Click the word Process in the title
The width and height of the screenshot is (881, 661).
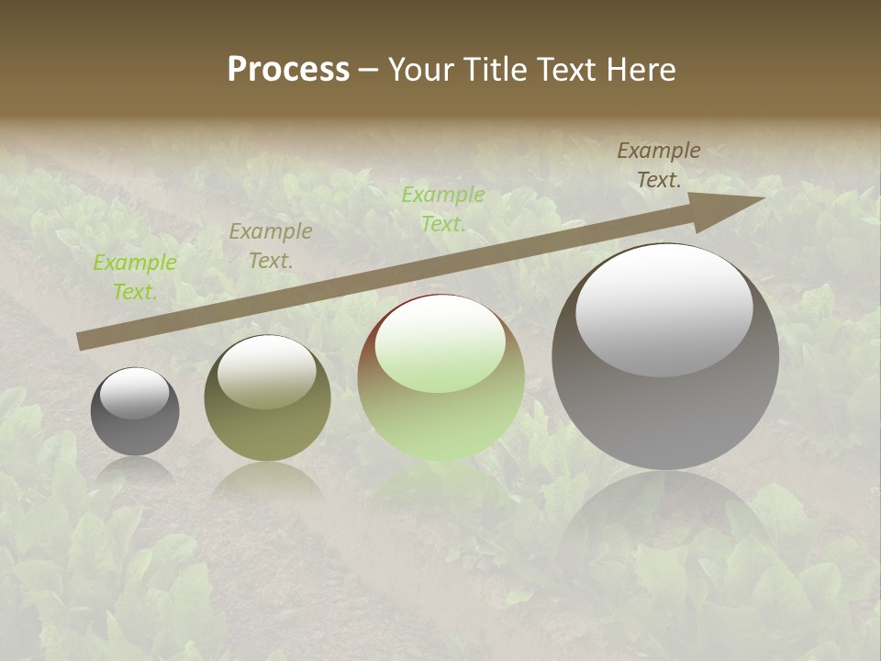pos(288,70)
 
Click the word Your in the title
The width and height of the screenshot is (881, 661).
pos(423,70)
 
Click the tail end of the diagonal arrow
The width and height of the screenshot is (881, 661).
pos(83,342)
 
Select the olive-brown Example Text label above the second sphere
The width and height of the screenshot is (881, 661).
pos(271,246)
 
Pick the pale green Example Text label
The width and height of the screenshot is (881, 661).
pos(443,209)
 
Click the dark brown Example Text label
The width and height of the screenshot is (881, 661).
pos(659,165)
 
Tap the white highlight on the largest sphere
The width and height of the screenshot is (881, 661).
pos(664,310)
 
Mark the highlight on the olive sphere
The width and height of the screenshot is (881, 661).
pos(267,372)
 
